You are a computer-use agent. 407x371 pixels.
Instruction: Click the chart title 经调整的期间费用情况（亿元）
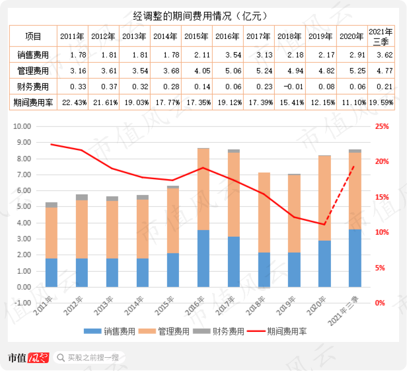click(x=203, y=15)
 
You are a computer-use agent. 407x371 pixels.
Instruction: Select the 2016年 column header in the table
click(x=228, y=36)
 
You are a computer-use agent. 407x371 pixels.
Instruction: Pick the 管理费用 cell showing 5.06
click(x=228, y=70)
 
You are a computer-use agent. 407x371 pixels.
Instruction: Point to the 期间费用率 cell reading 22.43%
click(x=72, y=103)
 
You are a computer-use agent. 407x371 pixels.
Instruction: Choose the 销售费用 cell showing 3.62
click(x=383, y=54)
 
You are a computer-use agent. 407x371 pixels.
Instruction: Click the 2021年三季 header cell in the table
click(x=383, y=36)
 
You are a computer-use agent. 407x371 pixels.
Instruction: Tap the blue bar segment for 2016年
click(x=203, y=258)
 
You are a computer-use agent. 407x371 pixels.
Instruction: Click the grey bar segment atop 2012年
click(x=82, y=197)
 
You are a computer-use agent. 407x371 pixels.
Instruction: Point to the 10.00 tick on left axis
click(x=22, y=126)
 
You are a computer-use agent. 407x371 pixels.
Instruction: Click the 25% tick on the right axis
click(x=381, y=126)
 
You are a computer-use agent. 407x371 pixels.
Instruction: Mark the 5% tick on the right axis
click(x=380, y=268)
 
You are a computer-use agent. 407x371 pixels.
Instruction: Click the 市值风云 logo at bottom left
click(x=28, y=358)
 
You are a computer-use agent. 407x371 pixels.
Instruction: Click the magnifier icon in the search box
click(x=61, y=358)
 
